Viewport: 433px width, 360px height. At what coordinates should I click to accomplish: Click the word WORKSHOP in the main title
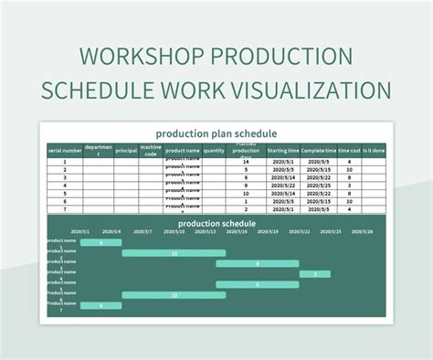point(133,56)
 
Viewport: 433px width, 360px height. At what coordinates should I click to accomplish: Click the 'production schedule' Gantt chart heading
point(216,222)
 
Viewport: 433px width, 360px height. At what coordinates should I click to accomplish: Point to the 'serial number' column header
point(65,150)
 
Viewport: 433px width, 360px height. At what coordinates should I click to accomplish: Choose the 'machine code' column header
point(151,151)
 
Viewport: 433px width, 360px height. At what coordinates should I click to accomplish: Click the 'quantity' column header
point(214,150)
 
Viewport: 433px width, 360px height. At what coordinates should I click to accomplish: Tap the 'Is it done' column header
point(373,150)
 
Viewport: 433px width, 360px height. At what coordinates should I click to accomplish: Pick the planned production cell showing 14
point(246,162)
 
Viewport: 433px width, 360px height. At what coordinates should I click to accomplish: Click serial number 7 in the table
point(65,209)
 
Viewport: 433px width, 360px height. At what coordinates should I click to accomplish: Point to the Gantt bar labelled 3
point(315,274)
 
